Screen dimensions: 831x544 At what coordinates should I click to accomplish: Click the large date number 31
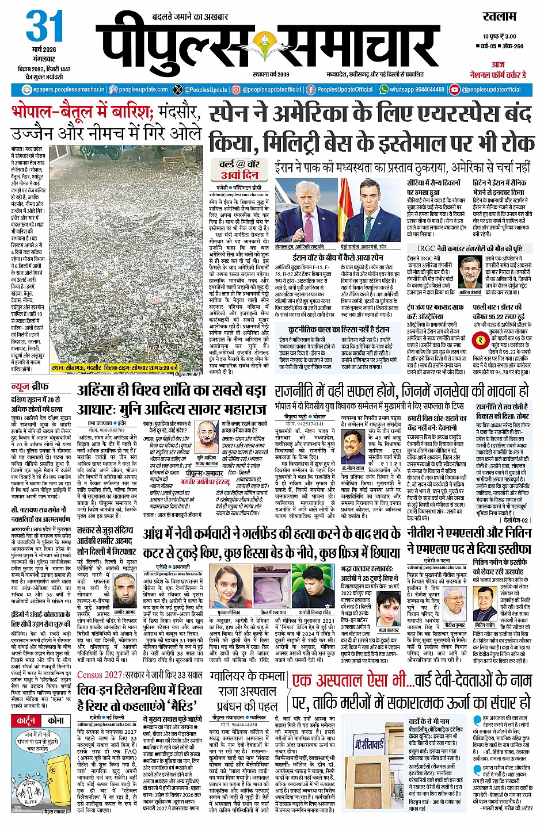[x=44, y=26]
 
